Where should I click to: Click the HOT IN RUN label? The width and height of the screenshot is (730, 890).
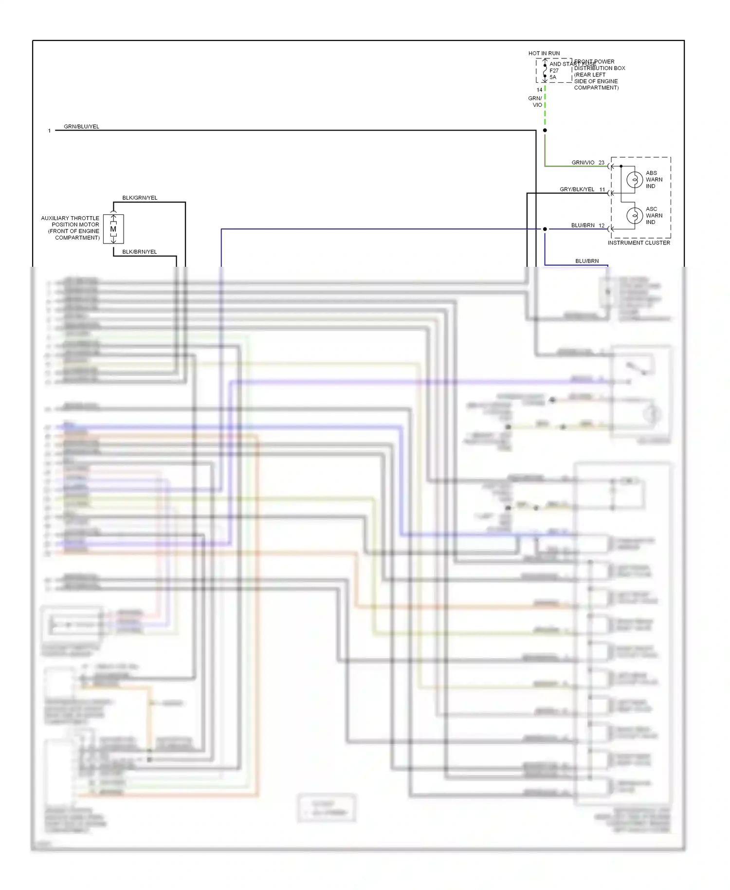click(544, 53)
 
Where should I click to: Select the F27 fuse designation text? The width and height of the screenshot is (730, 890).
click(554, 71)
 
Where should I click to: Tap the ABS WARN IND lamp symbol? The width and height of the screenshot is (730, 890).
click(634, 180)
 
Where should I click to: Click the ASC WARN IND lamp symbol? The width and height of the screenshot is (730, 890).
click(634, 215)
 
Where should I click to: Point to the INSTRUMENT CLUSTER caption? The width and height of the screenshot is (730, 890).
click(639, 242)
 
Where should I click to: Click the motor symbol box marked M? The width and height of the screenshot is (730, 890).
click(113, 229)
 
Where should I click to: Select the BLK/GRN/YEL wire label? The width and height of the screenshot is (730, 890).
click(140, 198)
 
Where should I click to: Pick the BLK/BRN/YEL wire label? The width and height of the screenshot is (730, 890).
click(139, 252)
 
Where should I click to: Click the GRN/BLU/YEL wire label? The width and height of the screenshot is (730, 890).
click(81, 127)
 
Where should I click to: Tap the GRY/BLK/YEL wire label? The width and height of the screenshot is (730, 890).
click(577, 189)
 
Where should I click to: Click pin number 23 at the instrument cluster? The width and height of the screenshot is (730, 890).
click(602, 163)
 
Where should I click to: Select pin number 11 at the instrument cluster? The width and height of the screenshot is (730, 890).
click(602, 189)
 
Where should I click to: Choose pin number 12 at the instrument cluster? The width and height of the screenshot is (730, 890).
click(602, 225)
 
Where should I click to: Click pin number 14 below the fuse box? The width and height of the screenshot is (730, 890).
click(539, 90)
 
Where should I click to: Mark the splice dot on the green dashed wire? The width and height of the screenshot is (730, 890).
click(545, 130)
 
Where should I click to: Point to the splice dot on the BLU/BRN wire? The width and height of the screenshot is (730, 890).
click(545, 229)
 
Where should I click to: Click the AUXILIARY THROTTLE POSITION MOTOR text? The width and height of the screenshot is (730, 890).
click(70, 228)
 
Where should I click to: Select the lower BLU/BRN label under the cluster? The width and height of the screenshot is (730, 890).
click(587, 261)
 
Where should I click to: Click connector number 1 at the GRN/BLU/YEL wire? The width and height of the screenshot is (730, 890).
click(49, 131)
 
